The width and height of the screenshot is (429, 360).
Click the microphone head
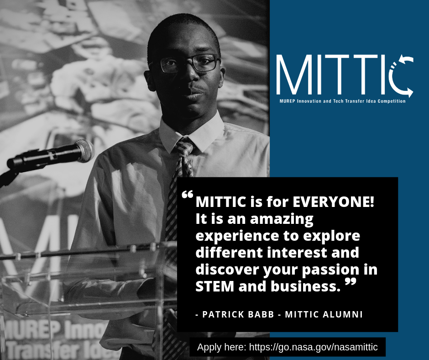click(x=85, y=151)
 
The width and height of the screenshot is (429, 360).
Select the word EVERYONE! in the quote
click(x=333, y=202)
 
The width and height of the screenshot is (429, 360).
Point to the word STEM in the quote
click(x=215, y=286)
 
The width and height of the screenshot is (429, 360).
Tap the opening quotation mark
click(x=188, y=195)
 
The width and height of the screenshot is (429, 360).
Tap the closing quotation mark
click(x=351, y=282)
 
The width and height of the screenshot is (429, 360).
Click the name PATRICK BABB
click(x=238, y=314)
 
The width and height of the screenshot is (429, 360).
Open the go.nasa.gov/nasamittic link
click(x=313, y=347)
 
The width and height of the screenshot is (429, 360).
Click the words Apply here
click(x=221, y=347)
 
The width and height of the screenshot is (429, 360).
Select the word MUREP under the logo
click(x=287, y=101)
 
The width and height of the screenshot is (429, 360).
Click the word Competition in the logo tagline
click(x=392, y=101)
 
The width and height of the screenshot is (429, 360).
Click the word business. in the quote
click(x=306, y=286)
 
